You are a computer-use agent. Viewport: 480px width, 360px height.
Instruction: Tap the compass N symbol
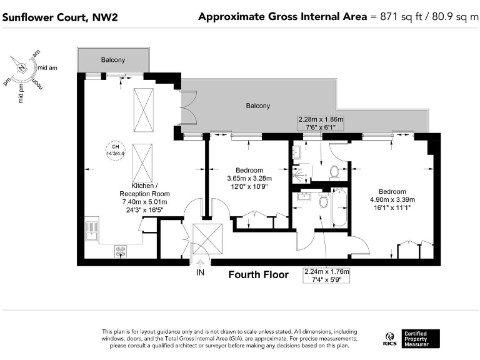pyautogui.click(x=22, y=67)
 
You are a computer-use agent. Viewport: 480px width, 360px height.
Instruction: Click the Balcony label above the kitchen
pyautogui.click(x=113, y=60)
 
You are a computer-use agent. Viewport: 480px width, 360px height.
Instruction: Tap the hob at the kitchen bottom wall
pyautogui.click(x=121, y=251)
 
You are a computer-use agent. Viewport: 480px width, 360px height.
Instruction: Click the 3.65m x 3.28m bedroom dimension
pyautogui.click(x=249, y=178)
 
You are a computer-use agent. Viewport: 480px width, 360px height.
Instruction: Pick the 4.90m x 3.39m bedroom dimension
pyautogui.click(x=392, y=200)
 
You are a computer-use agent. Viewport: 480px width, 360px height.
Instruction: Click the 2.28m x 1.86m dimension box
pyautogui.click(x=320, y=123)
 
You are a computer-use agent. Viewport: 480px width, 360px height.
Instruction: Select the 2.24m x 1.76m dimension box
pyautogui.click(x=326, y=276)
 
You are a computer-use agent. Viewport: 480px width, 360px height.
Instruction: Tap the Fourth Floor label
pyautogui.click(x=258, y=274)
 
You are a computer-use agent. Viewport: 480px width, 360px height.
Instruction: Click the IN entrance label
pyautogui.click(x=200, y=274)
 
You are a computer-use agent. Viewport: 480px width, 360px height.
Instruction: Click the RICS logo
pyautogui.click(x=389, y=339)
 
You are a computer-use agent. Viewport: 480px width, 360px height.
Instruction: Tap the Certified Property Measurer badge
pyautogui.click(x=421, y=339)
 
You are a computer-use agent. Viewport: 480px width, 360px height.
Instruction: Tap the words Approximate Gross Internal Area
pyautogui.click(x=282, y=17)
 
